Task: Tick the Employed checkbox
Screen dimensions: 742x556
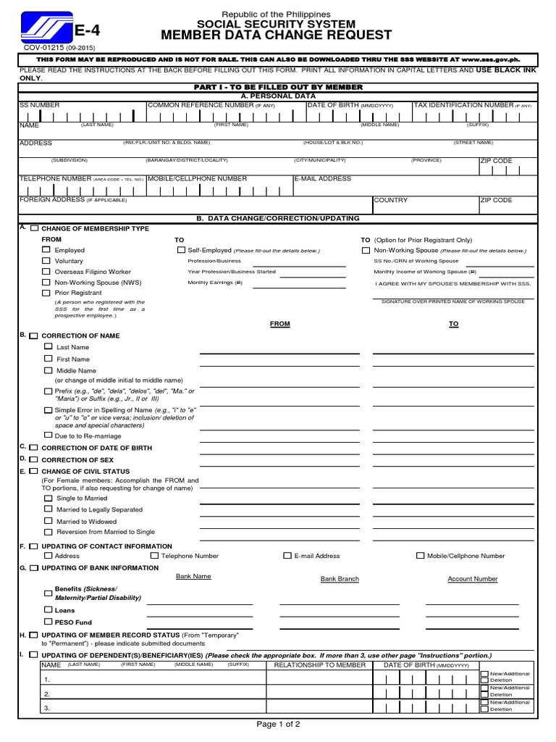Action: tap(46, 250)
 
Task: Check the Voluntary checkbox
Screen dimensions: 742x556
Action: tap(46, 261)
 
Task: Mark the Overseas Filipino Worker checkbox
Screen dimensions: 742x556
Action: tap(46, 272)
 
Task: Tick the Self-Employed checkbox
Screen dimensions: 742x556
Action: tap(181, 250)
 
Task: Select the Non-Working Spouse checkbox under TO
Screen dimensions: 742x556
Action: tap(367, 250)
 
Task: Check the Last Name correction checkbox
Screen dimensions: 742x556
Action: tap(49, 347)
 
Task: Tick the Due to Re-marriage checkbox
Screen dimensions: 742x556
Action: tap(49, 435)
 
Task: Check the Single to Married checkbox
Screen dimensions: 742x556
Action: tap(49, 498)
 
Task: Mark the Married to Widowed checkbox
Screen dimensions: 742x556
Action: tap(49, 520)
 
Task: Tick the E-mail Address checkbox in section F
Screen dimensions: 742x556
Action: tap(287, 556)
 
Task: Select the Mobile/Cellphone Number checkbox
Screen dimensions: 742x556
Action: tap(421, 556)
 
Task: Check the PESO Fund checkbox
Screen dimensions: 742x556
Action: tap(49, 622)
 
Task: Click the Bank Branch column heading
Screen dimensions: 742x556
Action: tap(340, 579)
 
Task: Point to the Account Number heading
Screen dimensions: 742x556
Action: tap(472, 579)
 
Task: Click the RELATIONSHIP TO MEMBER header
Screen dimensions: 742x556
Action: tap(315, 664)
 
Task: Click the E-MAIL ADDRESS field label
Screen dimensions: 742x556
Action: tap(323, 178)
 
